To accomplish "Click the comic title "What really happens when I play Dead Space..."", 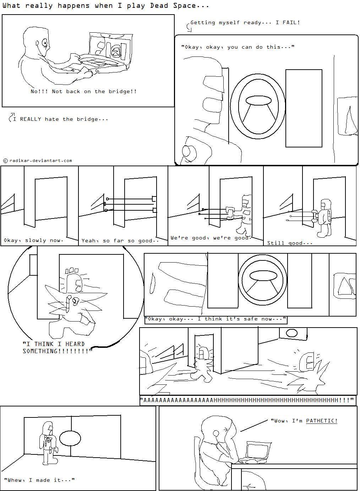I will tap(106, 6).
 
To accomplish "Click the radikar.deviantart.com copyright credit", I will tap(38, 161).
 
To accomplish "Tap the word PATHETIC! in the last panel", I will tap(321, 421).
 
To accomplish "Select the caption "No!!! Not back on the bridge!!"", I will tap(83, 91).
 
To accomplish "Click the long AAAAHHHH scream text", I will tap(247, 400).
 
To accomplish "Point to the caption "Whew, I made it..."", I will tap(39, 480).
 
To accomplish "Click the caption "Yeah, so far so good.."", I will tap(120, 241).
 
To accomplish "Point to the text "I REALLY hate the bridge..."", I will tap(60, 119).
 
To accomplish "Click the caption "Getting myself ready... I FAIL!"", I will tap(245, 22).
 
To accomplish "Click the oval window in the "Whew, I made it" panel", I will tap(70, 438).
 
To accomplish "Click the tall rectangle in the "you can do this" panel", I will tap(304, 108).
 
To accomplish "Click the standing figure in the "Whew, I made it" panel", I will tap(48, 442).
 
